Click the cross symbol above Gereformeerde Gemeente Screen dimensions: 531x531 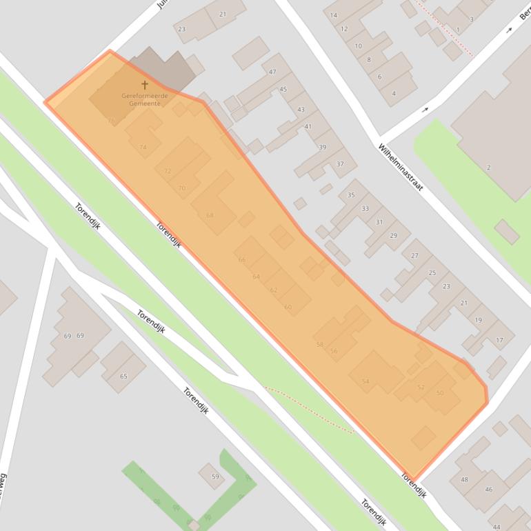[x=145, y=85]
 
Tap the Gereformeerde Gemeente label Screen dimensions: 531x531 [x=145, y=99]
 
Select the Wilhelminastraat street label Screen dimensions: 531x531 [x=400, y=168]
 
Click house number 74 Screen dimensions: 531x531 [x=143, y=147]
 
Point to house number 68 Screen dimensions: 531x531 [x=210, y=215]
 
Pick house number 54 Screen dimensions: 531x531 [x=365, y=381]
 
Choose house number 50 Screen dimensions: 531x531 [x=440, y=393]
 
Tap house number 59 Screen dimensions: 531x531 [x=215, y=477]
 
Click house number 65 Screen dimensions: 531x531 [x=124, y=376]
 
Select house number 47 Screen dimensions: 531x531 [x=272, y=72]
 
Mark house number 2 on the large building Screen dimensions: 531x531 [x=488, y=168]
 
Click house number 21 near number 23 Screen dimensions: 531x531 [x=223, y=14]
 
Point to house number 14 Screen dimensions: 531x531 [x=334, y=15]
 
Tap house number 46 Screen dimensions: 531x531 [x=488, y=490]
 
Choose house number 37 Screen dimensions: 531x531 [x=340, y=163]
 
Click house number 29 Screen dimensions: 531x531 [x=394, y=236]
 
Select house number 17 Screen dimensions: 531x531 [x=499, y=340]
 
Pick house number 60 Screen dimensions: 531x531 [x=288, y=307]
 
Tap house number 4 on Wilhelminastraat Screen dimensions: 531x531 [x=394, y=93]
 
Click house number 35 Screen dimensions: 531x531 [x=351, y=195]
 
